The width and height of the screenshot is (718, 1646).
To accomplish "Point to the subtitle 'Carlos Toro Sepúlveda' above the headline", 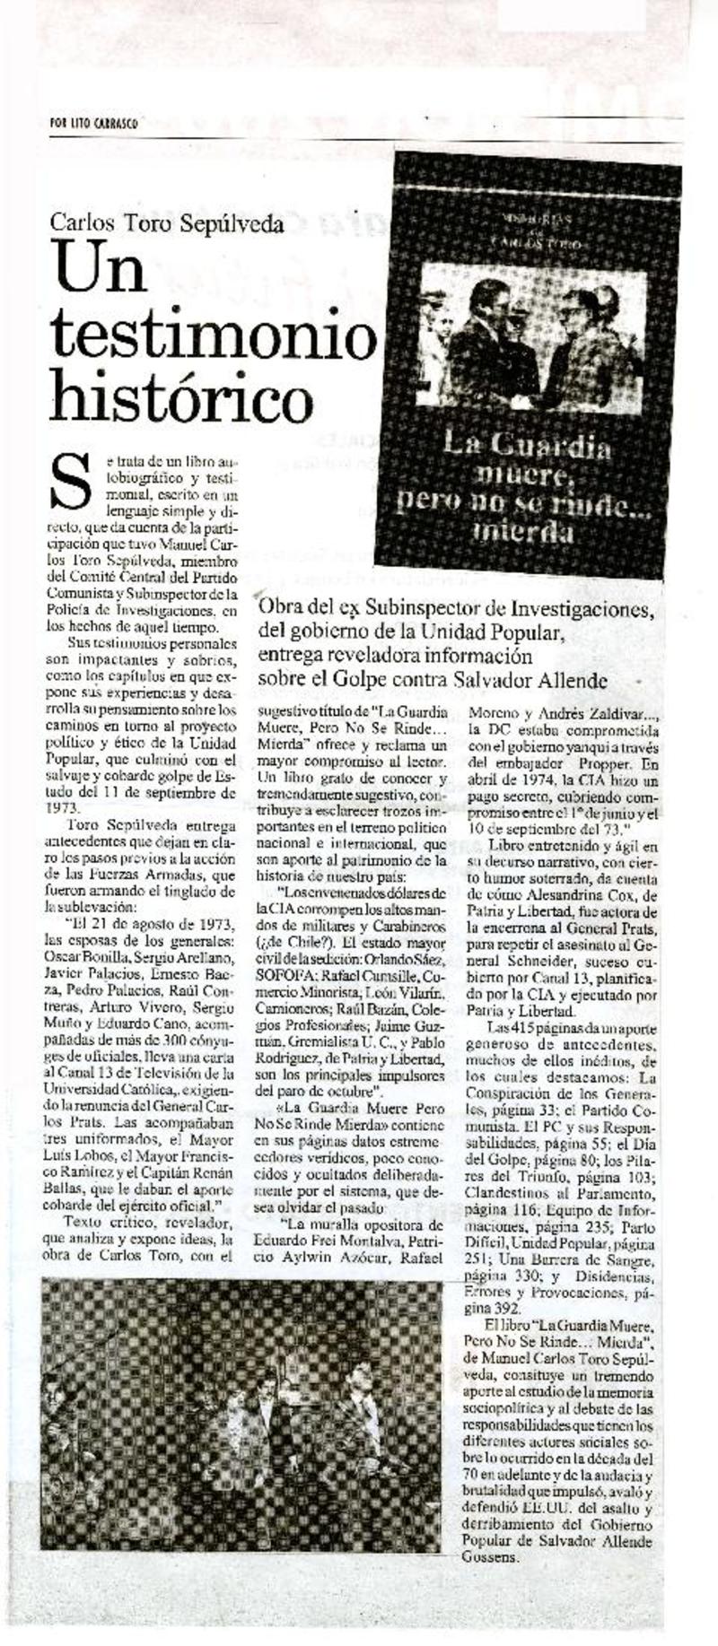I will (167, 224).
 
